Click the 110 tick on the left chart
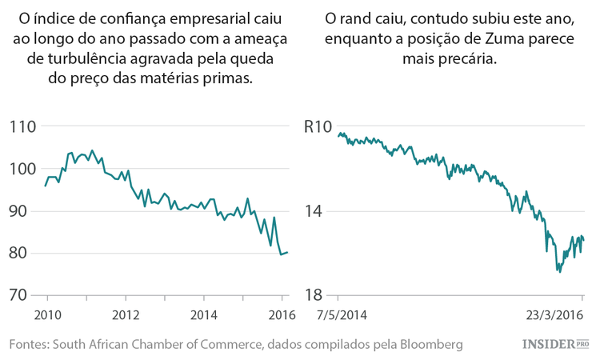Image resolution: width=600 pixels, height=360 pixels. [23, 126]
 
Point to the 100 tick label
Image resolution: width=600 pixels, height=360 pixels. [23, 169]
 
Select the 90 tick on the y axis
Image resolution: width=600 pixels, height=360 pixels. [23, 211]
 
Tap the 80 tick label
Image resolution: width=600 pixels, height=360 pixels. [23, 254]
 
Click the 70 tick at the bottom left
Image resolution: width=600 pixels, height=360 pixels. [23, 295]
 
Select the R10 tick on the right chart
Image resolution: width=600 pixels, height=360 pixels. [318, 126]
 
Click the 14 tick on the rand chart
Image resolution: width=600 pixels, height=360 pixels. [314, 211]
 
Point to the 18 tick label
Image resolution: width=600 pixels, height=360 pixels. [314, 295]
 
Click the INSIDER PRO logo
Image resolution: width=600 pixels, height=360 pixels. [555, 343]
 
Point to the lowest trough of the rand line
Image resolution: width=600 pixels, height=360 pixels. [559, 272]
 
